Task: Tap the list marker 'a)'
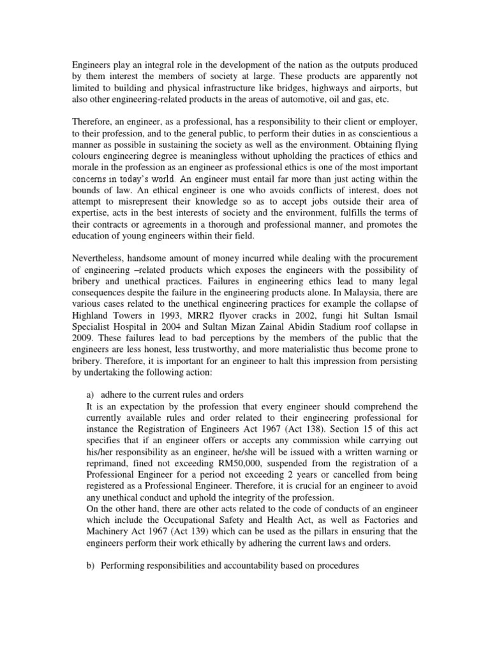click(x=90, y=395)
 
